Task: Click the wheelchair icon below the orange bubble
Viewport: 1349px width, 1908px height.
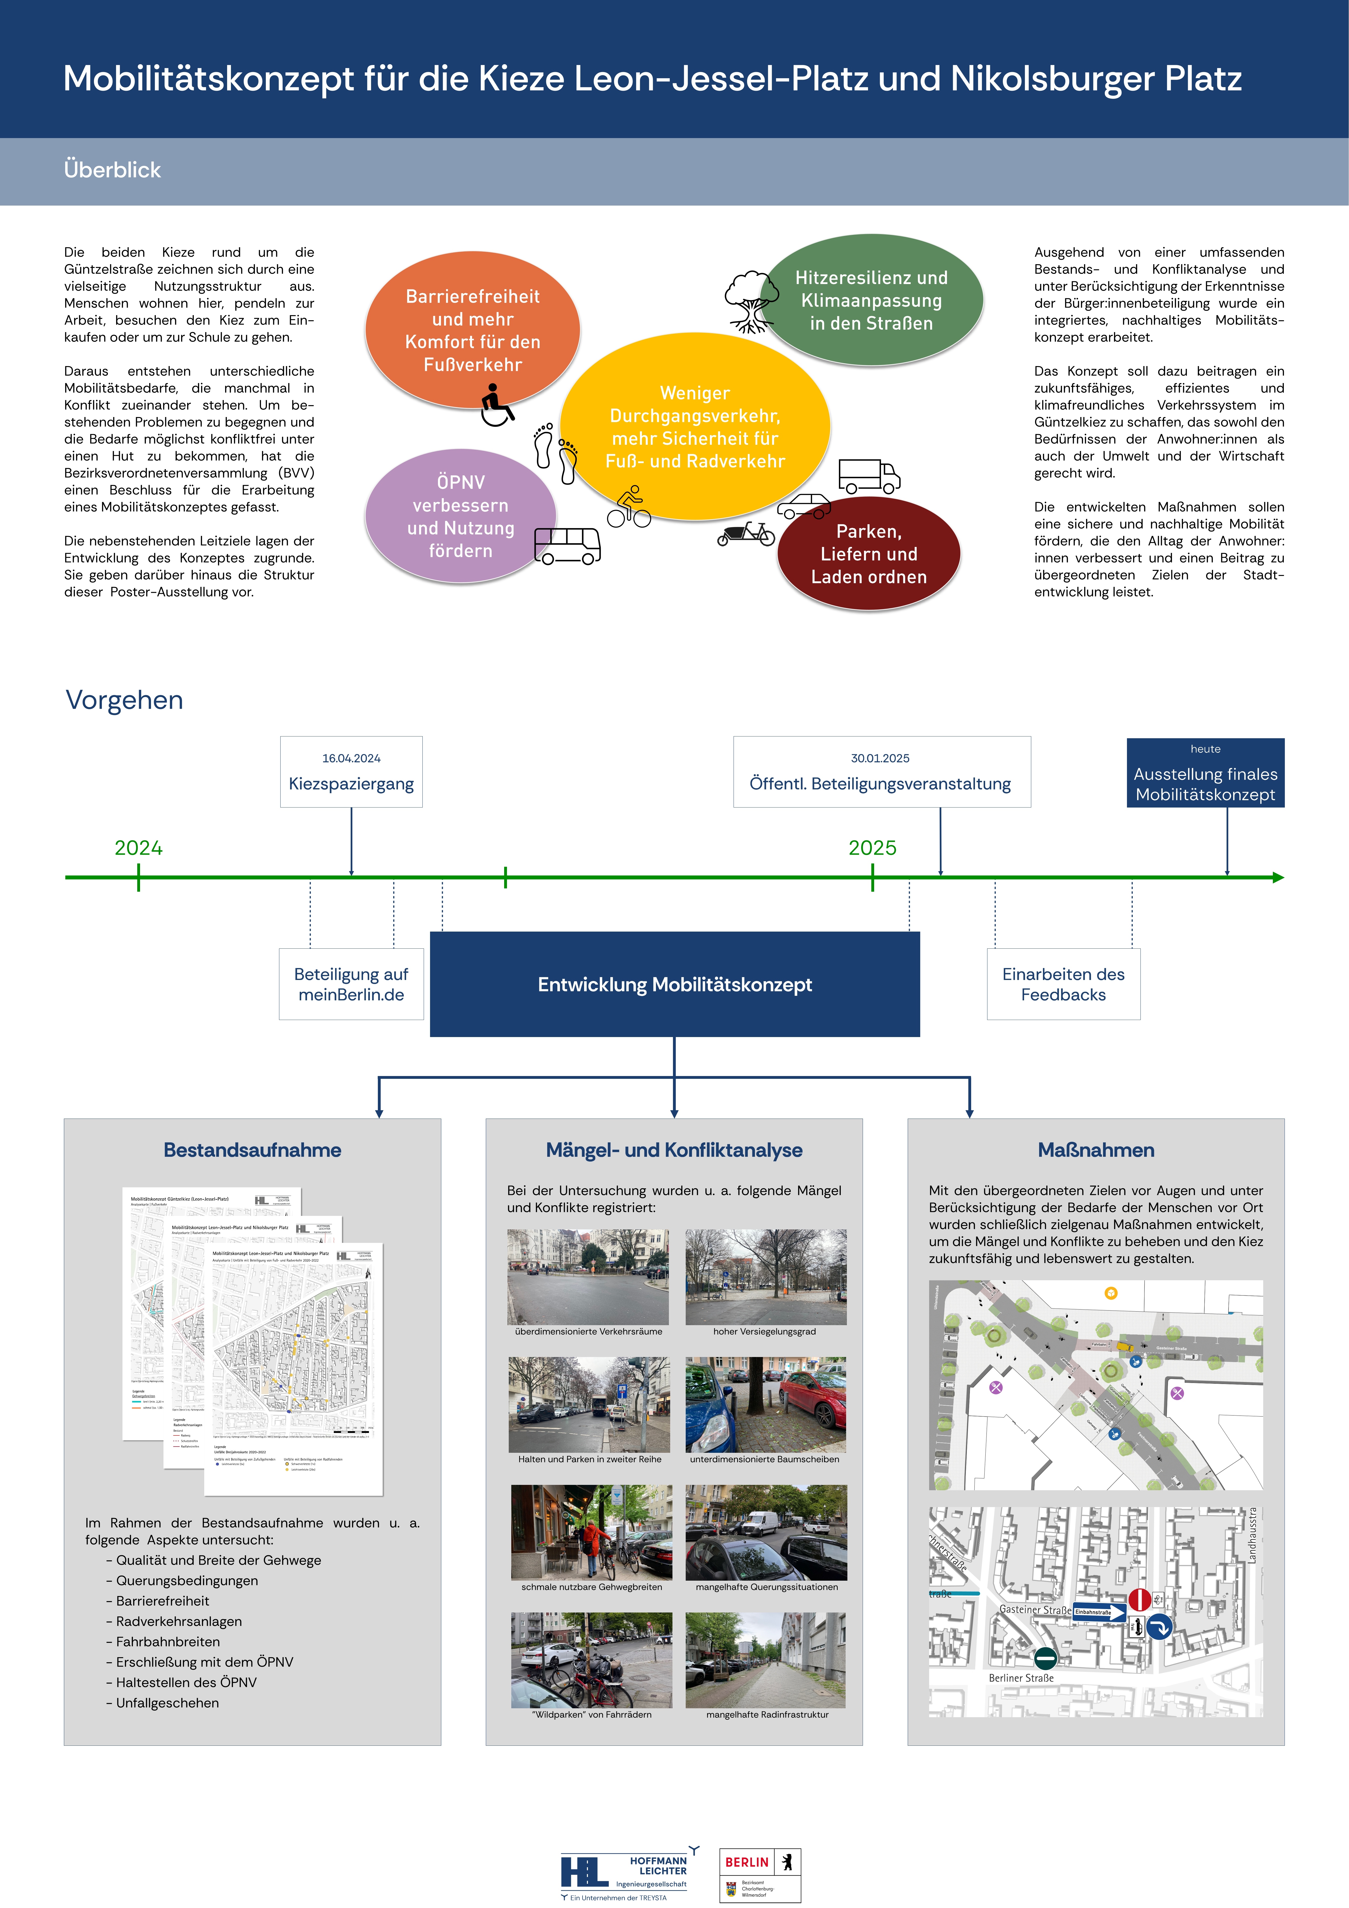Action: point(497,406)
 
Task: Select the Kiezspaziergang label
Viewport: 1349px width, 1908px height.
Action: point(351,784)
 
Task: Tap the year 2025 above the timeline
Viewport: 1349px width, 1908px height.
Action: point(872,848)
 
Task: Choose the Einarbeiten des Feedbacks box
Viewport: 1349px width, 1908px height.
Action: point(1063,985)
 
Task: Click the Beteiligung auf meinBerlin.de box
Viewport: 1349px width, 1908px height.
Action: point(351,985)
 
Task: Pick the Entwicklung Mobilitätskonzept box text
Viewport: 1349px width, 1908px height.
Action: point(674,985)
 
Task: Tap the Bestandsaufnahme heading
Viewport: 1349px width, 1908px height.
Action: point(253,1150)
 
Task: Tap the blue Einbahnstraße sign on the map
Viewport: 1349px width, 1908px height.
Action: point(1098,1612)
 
